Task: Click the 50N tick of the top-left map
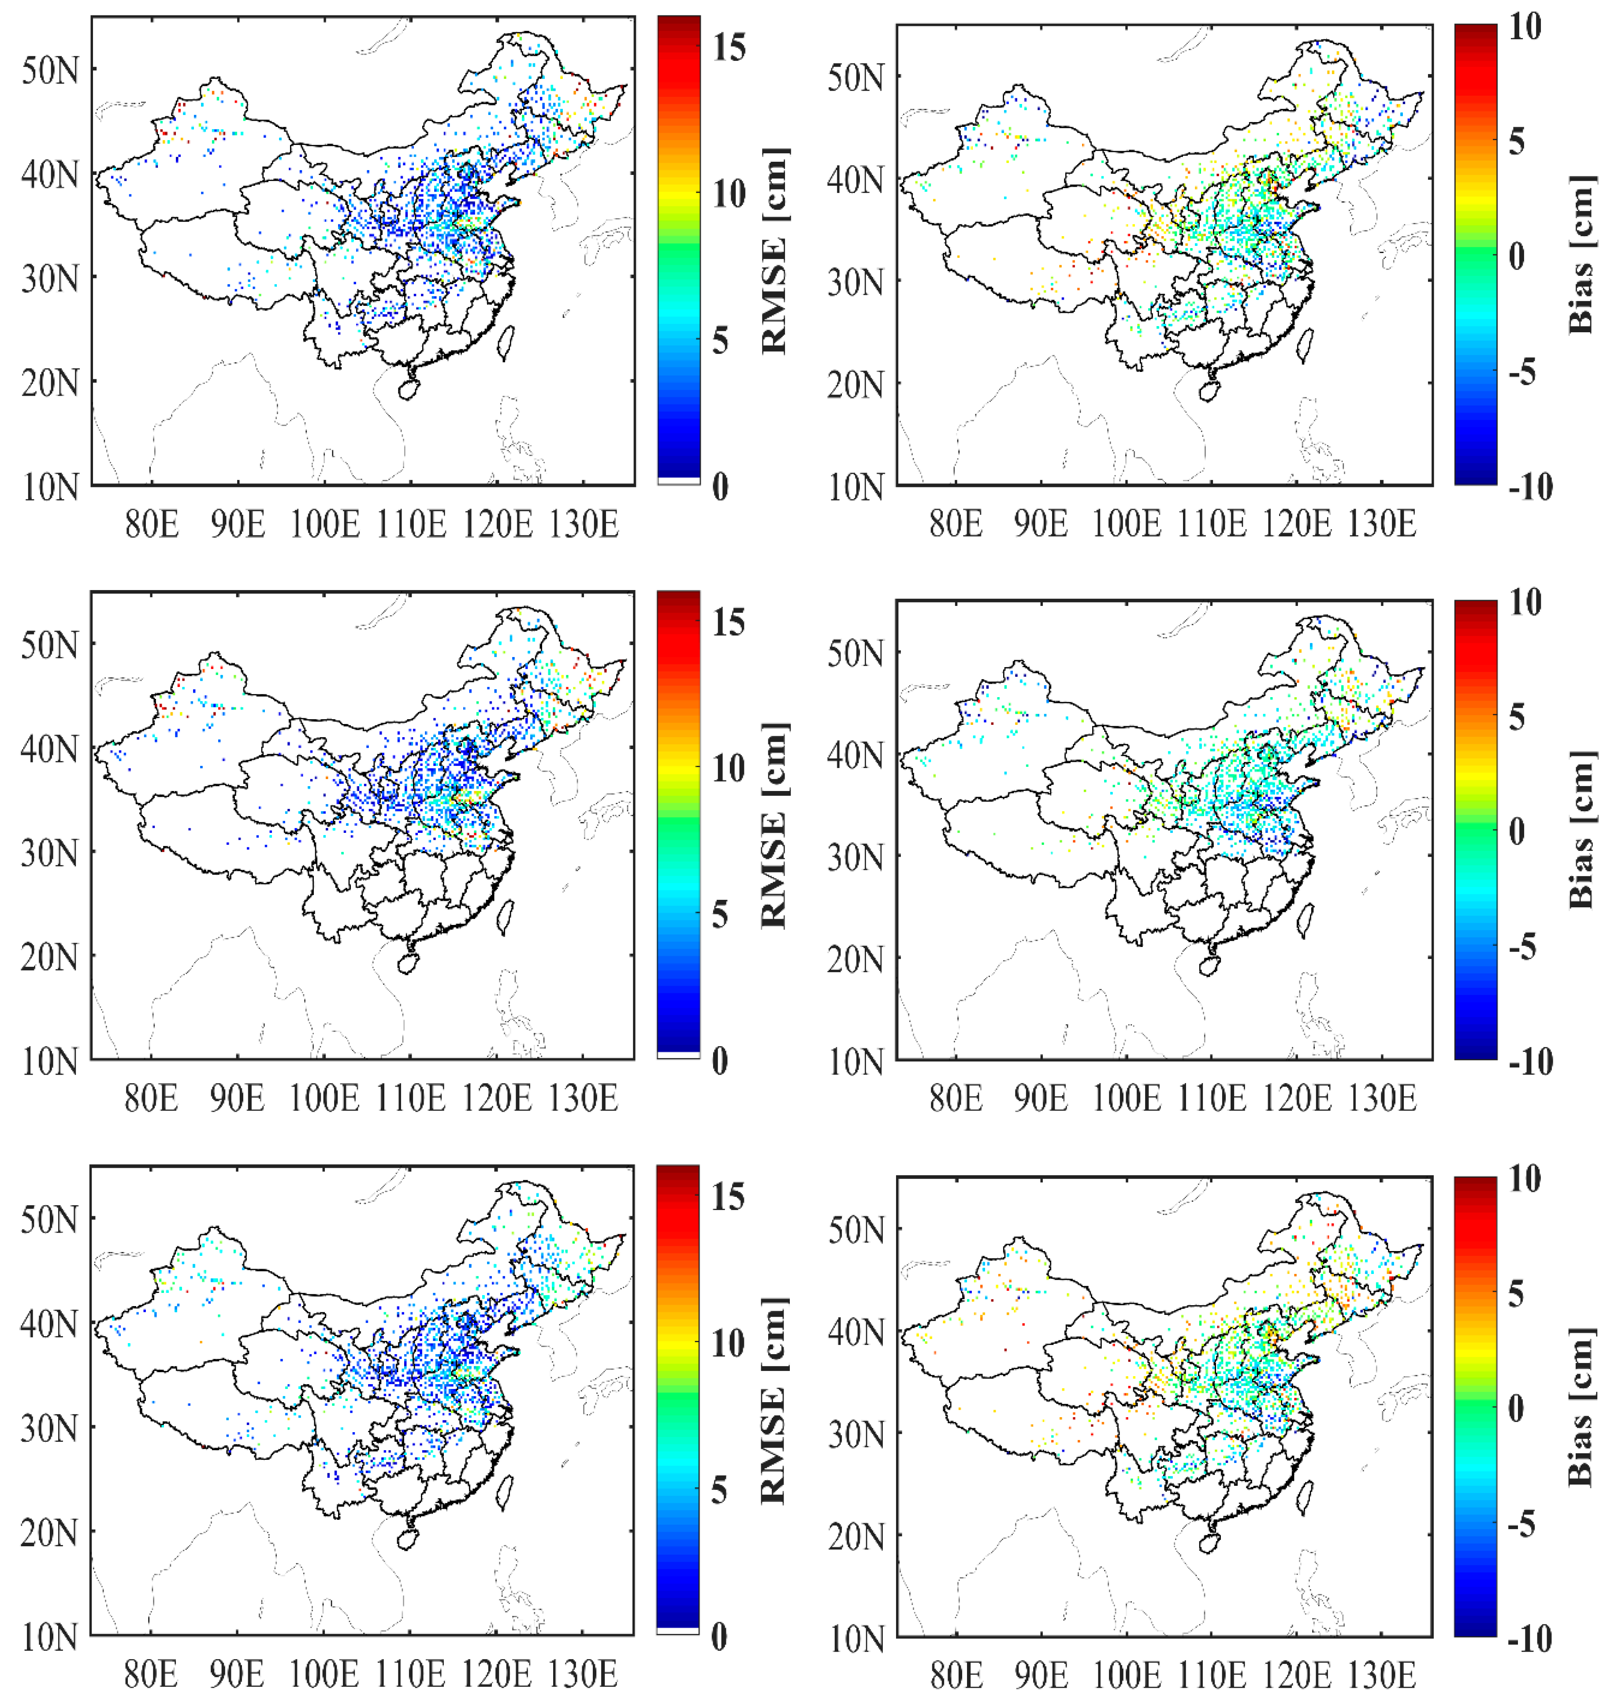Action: click(x=49, y=70)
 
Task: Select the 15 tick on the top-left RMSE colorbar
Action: click(x=729, y=48)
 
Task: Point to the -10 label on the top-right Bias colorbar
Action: click(x=1531, y=487)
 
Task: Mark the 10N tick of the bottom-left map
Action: click(x=49, y=1637)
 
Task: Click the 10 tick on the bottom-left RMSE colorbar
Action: click(x=729, y=1343)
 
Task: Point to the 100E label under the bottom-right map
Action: click(x=1126, y=1675)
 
